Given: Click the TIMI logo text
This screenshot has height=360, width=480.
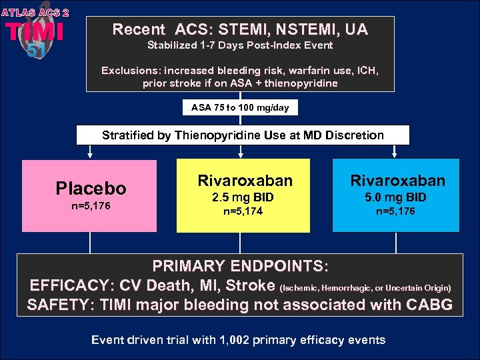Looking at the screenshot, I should [35, 32].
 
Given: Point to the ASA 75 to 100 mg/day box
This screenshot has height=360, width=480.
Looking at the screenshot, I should [240, 107].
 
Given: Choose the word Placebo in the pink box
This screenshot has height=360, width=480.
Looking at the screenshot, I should [90, 188].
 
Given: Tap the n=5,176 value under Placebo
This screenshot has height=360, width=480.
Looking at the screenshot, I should [90, 206].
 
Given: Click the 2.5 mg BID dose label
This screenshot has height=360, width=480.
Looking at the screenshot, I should [243, 197].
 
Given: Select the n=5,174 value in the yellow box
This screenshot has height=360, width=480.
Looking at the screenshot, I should [243, 213].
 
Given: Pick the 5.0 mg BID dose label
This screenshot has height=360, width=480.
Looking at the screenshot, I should [395, 197].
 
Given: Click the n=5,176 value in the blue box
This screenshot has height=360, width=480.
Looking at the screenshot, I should [395, 213].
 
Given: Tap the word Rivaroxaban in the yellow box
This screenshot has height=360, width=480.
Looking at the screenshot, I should [245, 181].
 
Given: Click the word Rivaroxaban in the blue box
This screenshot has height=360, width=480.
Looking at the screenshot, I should [398, 181].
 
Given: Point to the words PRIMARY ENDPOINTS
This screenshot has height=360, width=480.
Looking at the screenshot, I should [240, 266].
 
